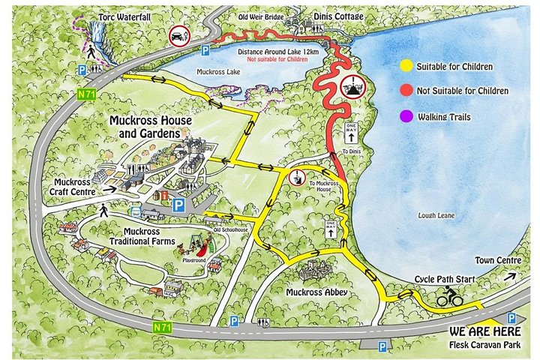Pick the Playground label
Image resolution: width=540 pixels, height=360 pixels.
(191, 262)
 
